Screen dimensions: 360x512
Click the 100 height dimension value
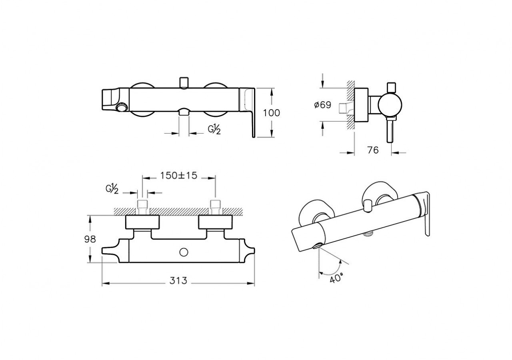pos(272,113)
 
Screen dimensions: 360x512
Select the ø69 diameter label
pos(323,105)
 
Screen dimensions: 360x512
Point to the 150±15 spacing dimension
pos(179,176)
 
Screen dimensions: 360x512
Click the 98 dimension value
pos(90,239)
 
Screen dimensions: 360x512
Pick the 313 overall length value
pos(178,281)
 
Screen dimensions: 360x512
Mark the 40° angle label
pos(337,277)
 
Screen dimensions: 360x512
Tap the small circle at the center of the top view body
pos(184,252)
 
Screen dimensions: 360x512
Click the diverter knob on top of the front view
pos(184,82)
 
